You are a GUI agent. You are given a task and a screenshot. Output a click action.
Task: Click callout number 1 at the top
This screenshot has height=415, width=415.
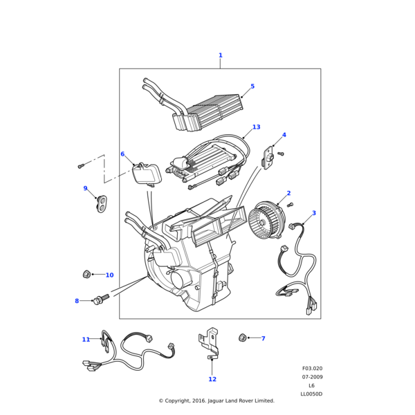220,55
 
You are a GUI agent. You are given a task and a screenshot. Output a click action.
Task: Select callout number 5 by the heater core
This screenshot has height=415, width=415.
252,86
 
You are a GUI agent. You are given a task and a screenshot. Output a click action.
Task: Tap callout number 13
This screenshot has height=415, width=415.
256,127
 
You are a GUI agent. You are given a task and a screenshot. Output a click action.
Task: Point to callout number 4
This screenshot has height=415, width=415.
284,135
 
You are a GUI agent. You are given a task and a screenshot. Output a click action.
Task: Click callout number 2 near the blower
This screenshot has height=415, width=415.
288,193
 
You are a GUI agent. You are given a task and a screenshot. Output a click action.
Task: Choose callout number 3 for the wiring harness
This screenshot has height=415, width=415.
313,213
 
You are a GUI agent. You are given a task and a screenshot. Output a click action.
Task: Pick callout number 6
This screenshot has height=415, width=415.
122,154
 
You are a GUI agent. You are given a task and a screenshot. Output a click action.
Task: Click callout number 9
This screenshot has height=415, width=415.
86,188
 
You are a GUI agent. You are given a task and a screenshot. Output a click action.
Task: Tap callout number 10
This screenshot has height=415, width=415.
109,275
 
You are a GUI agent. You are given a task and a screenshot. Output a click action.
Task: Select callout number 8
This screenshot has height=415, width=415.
77,301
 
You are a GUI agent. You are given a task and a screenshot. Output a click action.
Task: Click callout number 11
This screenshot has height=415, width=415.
86,340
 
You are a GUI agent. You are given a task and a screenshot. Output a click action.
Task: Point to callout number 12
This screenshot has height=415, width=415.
212,379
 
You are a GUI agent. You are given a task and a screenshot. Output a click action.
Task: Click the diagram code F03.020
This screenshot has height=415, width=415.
312,369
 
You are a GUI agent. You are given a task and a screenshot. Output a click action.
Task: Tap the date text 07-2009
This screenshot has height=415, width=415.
312,377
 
